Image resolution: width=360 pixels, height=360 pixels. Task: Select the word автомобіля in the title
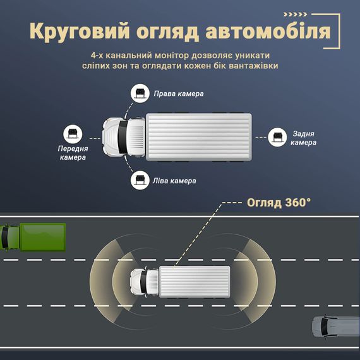[x=268, y=31]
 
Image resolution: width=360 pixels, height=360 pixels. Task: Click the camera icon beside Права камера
[x=140, y=93]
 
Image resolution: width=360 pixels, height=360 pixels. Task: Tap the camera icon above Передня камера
[x=73, y=134]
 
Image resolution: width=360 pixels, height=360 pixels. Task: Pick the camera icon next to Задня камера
[x=277, y=137]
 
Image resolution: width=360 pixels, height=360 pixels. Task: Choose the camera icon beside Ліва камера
[x=140, y=180]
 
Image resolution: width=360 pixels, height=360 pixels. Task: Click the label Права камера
[x=179, y=93]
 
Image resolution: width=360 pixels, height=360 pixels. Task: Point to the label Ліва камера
[x=174, y=181]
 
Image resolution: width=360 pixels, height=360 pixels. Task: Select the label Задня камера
[x=304, y=138]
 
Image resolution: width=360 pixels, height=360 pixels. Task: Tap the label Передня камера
[x=73, y=153]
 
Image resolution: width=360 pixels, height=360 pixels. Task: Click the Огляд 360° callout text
[x=279, y=203]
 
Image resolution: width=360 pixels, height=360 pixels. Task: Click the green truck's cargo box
[x=43, y=237]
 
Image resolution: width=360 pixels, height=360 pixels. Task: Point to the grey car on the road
[x=336, y=327]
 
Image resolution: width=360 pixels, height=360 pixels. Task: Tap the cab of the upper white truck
[x=124, y=137]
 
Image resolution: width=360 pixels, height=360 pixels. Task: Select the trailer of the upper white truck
[x=199, y=137]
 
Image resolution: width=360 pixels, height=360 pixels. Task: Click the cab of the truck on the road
[x=145, y=282]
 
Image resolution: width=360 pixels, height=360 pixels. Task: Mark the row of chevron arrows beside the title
[x=295, y=15]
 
